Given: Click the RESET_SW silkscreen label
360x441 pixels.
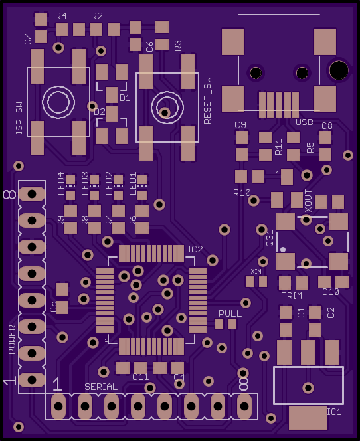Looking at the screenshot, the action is coord(207,101).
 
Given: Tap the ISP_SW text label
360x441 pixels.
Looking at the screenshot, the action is coord(19,118).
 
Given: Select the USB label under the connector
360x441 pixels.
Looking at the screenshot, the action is coord(304,122).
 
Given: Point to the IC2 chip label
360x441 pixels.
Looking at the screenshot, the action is coord(195,249).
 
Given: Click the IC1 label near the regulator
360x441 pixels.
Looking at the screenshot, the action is coord(334,412).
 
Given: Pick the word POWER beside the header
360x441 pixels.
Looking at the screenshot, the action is coord(12,339).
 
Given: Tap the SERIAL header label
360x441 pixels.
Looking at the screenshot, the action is coord(101,387).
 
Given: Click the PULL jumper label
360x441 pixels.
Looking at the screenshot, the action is coord(230,313).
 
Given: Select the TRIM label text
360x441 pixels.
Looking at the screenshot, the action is coord(292,296).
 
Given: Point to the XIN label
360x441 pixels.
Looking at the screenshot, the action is coord(256,272).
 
